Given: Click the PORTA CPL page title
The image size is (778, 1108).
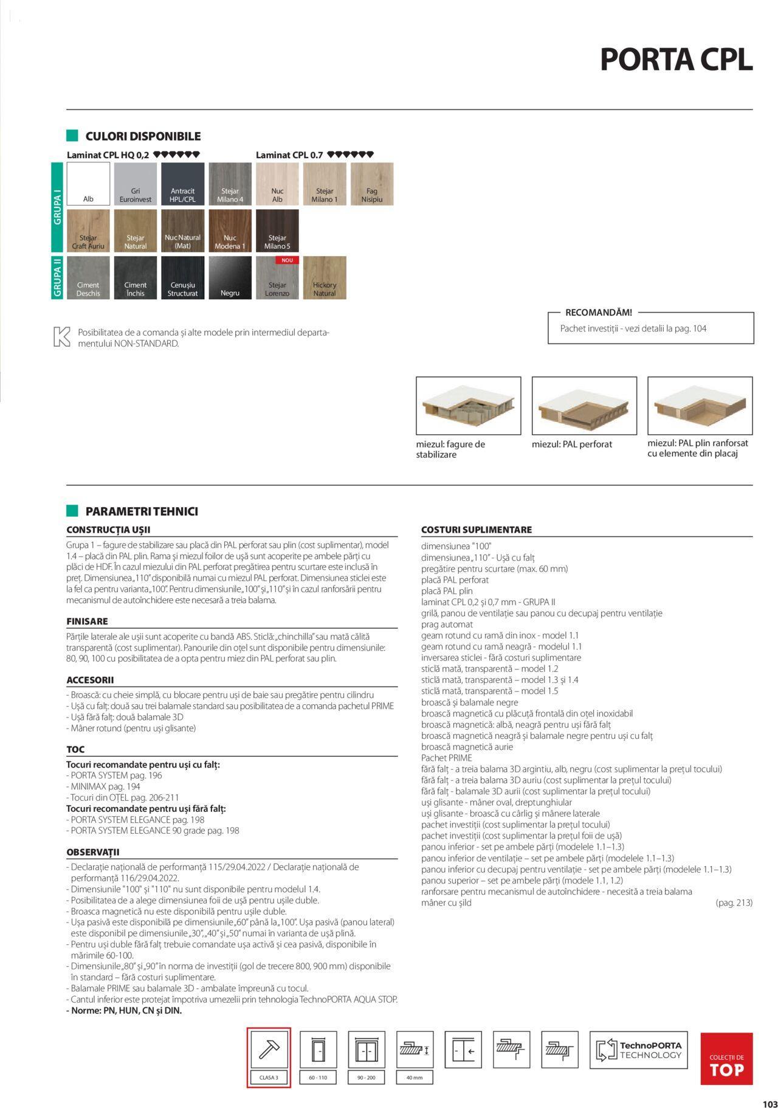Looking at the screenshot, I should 676,60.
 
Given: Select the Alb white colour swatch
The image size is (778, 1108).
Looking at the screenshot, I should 88,184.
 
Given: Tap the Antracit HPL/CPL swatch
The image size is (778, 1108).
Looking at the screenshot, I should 182,184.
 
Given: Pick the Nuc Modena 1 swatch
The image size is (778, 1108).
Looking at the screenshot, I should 230,230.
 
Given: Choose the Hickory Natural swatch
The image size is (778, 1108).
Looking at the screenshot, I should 325,278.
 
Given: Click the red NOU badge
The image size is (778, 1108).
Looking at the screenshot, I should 287,260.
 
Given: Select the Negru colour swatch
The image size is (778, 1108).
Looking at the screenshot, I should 230,278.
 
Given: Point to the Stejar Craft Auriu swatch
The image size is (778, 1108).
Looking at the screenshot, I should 88,230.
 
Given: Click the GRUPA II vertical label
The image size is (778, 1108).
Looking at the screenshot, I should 58,278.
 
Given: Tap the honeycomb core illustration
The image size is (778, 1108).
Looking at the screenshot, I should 468,406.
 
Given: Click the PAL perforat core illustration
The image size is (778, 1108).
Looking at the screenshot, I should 584,406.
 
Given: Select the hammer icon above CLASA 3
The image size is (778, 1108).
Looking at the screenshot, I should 269,1050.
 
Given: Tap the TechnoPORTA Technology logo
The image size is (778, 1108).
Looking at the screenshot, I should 639,1050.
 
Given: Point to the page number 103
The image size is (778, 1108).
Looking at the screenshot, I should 769,1099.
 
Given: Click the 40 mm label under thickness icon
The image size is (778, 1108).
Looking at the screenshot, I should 414,1078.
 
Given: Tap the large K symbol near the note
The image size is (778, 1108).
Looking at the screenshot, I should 61,337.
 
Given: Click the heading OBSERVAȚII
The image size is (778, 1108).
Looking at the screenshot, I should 92,853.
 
